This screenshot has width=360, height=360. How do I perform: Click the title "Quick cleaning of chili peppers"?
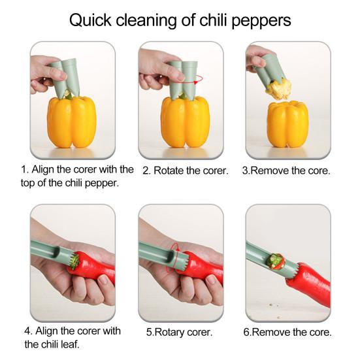point(180,20)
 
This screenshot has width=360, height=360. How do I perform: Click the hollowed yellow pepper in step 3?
point(287,124)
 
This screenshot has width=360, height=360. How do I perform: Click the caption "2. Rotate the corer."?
point(185,171)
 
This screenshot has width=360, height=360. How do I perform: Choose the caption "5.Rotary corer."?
point(180,332)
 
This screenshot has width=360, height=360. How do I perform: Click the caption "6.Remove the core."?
point(287,332)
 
